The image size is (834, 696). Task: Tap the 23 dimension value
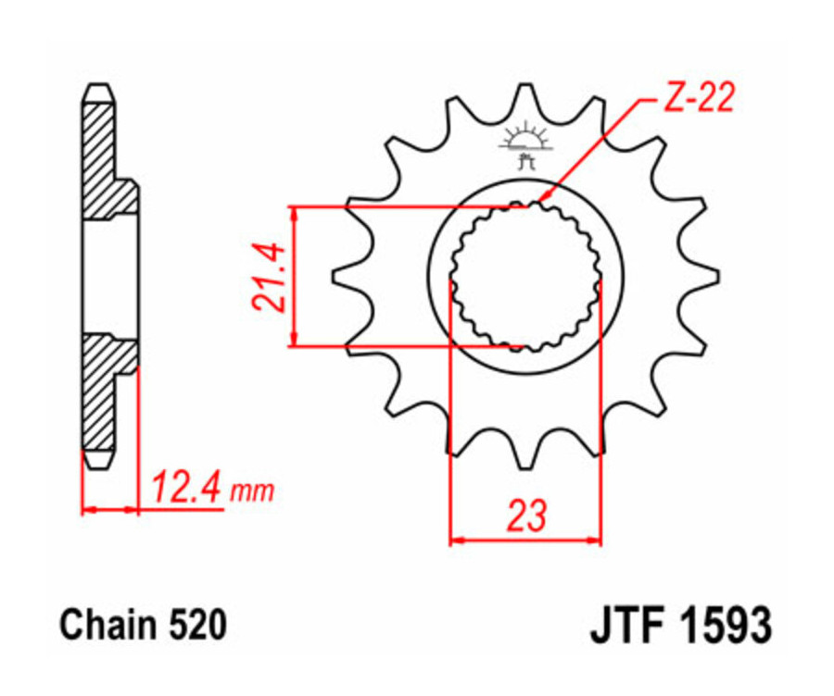(525, 516)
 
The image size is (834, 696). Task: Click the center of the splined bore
(525, 277)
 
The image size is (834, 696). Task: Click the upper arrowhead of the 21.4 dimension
(295, 213)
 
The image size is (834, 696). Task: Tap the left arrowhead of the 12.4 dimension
(89, 508)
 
